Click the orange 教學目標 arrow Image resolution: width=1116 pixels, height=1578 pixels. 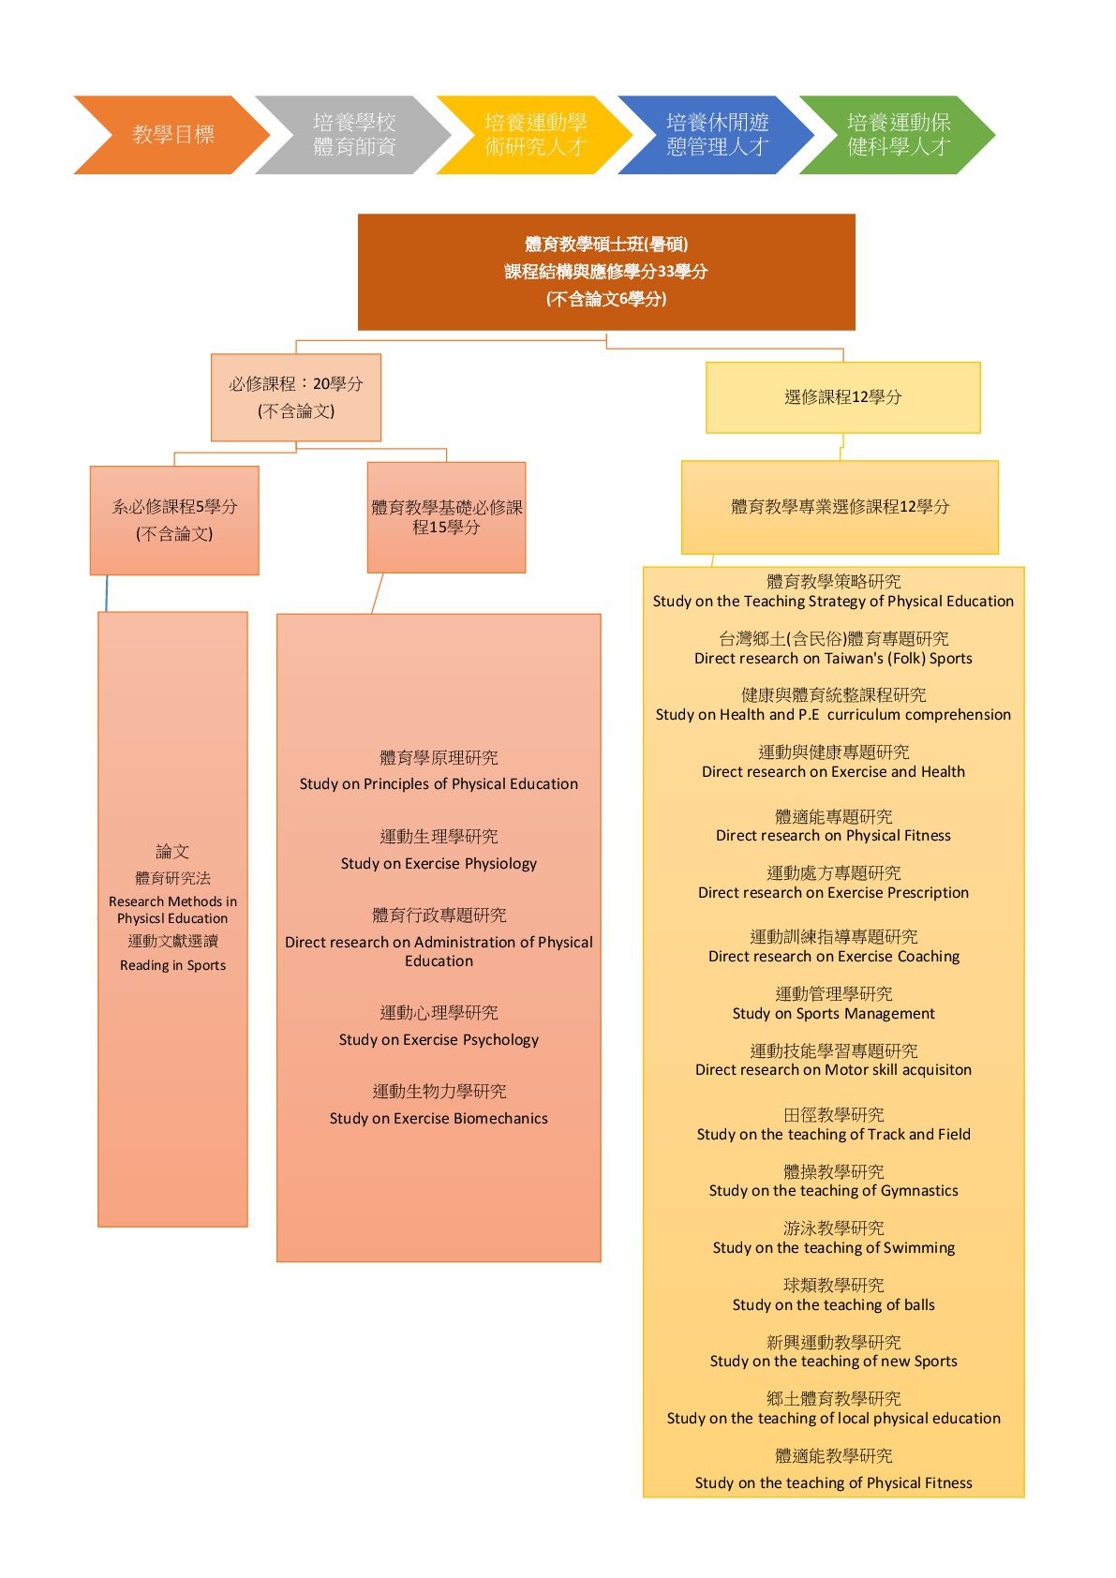[172, 135]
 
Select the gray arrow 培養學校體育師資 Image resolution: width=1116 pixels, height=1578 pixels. [353, 135]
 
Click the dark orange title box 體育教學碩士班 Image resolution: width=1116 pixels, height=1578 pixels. [606, 272]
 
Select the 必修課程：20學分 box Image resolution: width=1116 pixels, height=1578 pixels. [296, 397]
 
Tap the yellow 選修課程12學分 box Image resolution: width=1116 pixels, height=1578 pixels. [842, 397]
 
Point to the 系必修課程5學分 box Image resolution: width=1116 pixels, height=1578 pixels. [174, 520]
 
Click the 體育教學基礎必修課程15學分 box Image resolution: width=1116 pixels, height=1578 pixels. [446, 517]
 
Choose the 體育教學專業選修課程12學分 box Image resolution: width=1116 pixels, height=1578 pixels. [840, 507]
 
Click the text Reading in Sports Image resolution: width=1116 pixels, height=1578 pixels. [172, 965]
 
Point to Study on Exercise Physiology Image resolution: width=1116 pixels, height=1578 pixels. [439, 864]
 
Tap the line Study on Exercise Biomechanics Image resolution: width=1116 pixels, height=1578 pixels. [439, 1119]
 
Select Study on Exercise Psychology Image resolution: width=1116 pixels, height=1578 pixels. [439, 1040]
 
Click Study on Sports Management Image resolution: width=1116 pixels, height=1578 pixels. [833, 1014]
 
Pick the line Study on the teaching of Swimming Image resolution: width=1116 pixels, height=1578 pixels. [833, 1247]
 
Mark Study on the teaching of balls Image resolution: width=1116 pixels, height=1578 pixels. [833, 1304]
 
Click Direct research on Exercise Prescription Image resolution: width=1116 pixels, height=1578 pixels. [833, 893]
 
